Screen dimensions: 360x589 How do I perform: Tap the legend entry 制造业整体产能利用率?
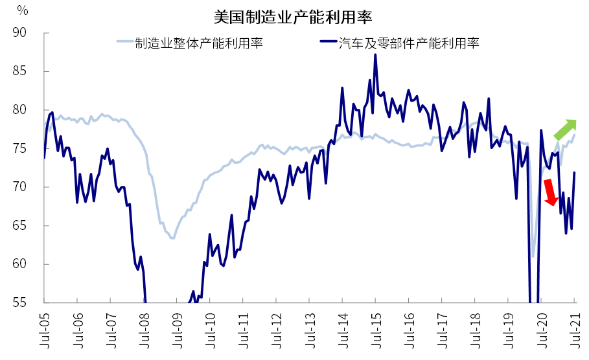[x=199, y=43]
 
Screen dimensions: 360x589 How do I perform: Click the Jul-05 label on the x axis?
[x=44, y=330]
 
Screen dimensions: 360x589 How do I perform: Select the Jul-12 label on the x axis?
[x=276, y=330]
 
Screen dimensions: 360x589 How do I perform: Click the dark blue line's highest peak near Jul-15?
[x=375, y=54]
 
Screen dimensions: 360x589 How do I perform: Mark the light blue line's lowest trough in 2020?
[x=533, y=256]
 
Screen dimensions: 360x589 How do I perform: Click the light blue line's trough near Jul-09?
[x=172, y=238]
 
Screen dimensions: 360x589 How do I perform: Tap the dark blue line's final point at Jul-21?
[x=575, y=172]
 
